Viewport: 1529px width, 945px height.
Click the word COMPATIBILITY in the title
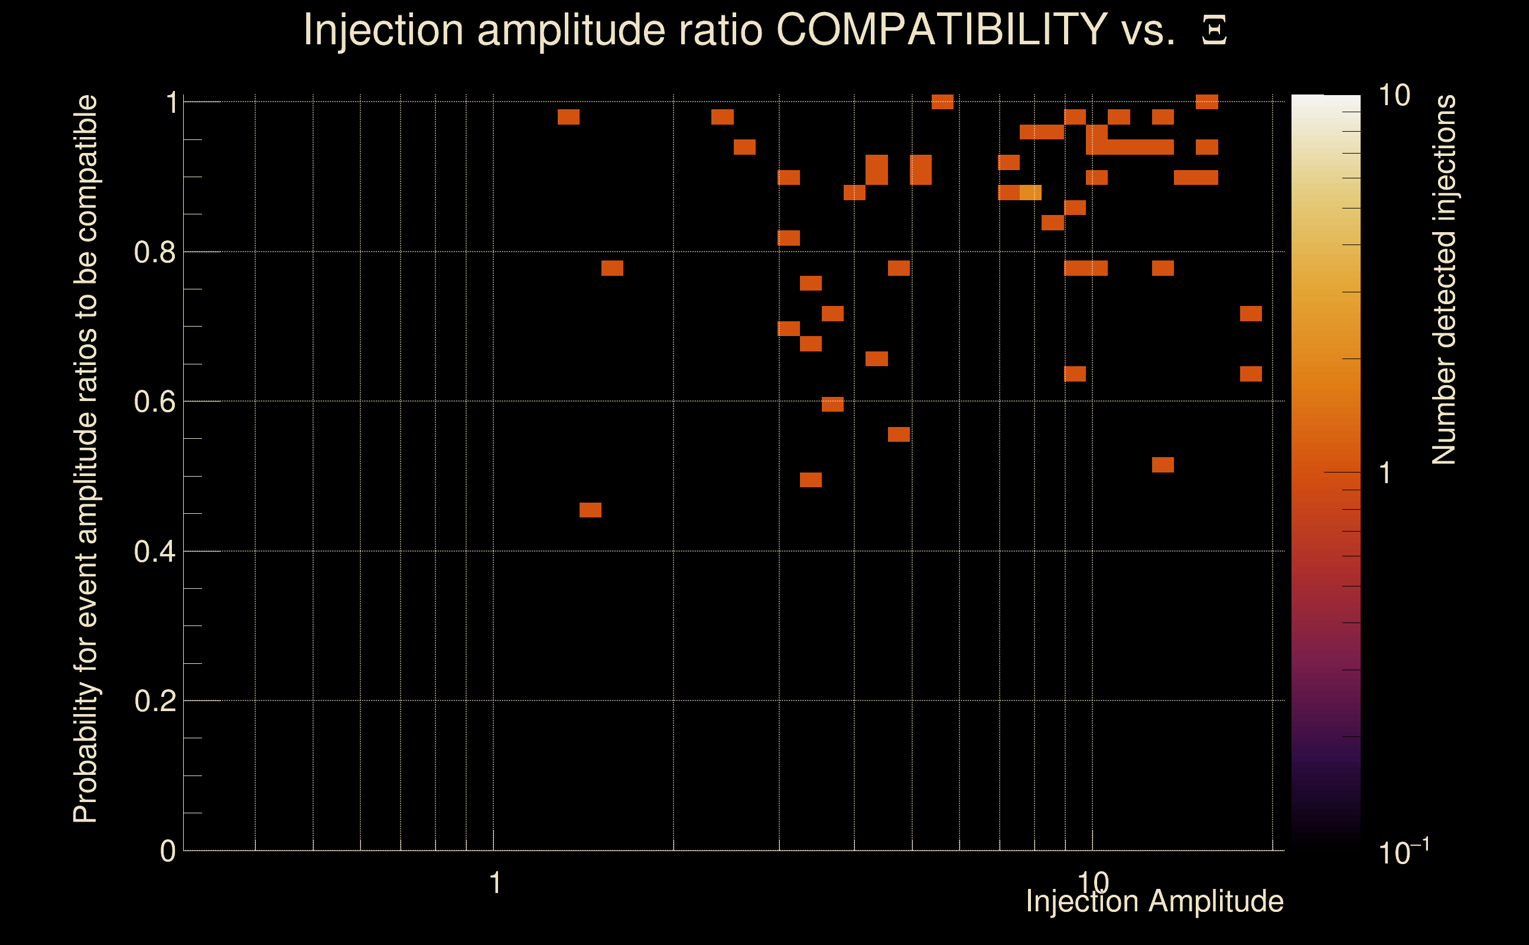941,30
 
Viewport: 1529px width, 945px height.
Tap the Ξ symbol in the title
1214,31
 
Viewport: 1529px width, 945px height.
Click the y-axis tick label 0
168,851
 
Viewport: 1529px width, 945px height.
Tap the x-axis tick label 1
495,883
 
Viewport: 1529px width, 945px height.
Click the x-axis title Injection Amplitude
1154,901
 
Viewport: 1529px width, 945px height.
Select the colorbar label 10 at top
1394,96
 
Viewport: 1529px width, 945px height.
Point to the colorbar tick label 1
1385,473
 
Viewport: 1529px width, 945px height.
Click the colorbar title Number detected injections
1444,279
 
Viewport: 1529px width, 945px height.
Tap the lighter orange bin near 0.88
1030,193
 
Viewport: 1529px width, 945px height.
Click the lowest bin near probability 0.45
590,510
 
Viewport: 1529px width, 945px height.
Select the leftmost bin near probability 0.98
568,117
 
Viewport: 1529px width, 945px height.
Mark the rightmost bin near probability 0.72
1251,313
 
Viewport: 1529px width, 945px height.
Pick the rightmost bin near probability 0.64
1251,374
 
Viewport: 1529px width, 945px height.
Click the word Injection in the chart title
383,30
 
